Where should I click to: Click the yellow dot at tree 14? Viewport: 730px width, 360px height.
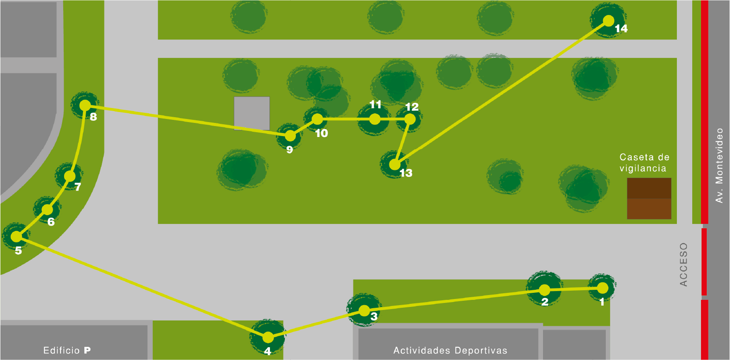pos(608,21)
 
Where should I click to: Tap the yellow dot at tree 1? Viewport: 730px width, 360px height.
pos(603,288)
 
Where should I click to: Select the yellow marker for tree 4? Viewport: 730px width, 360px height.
pos(268,338)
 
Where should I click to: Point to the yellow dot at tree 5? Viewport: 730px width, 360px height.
pos(16,237)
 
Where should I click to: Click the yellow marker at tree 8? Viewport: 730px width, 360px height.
pos(85,105)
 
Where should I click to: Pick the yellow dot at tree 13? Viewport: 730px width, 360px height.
pos(395,165)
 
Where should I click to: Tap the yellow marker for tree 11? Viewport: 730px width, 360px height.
pos(375,119)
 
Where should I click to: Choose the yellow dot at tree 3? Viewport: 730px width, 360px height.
pos(364,311)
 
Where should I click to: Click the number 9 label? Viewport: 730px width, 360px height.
pos(289,150)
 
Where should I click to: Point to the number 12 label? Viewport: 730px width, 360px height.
pos(412,107)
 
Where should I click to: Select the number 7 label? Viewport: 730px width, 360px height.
pos(78,187)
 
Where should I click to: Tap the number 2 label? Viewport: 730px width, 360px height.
pos(545,302)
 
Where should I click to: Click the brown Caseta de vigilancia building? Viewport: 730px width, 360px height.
pos(649,198)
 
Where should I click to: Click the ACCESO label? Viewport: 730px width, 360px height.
pos(684,265)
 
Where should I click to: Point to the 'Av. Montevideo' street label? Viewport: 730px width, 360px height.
pos(719,166)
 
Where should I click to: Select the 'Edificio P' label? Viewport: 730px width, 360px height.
pos(67,350)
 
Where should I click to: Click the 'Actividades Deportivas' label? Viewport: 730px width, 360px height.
pos(450,350)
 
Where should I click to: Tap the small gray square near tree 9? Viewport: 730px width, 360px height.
pos(252,113)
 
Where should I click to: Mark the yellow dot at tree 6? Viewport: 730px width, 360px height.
pos(47,209)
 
